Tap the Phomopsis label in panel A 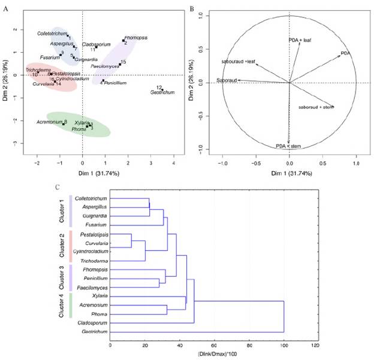(x=135, y=37)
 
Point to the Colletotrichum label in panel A (x=52, y=33)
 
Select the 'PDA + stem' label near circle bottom (x=288, y=146)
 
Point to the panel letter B (x=191, y=8)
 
